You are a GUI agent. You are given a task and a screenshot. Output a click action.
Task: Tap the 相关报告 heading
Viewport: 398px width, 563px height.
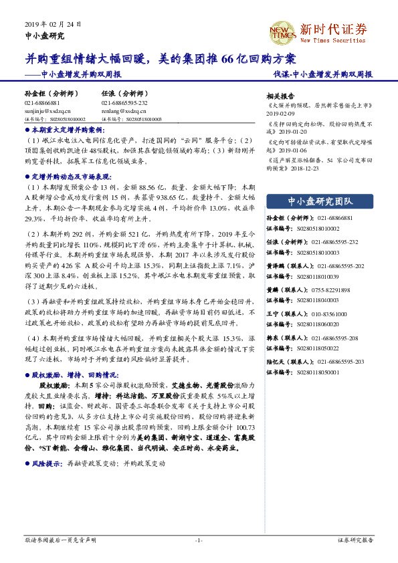pyautogui.click(x=280, y=96)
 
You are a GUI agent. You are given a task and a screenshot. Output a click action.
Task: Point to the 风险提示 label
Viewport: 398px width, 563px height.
pyautogui.click(x=46, y=463)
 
